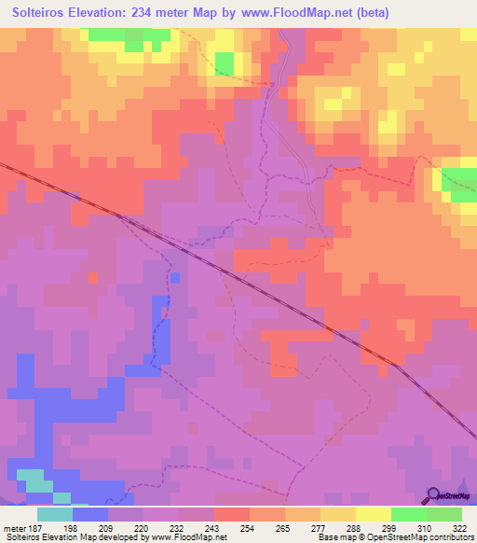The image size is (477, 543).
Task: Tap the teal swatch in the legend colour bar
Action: coord(55,514)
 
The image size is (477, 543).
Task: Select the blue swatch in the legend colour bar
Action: coord(90,514)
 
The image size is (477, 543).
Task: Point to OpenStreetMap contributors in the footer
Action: coord(425,537)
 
